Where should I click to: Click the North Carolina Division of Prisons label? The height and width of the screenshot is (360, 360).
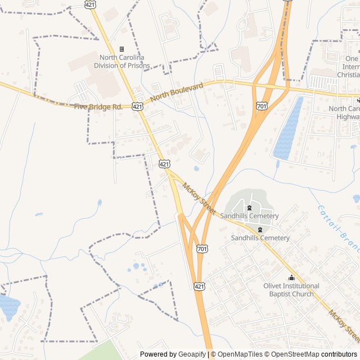[122, 61]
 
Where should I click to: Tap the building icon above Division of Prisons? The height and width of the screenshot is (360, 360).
[122, 49]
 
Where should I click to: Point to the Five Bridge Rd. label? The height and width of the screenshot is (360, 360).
[97, 106]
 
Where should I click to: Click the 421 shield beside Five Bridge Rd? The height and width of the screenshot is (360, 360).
[138, 106]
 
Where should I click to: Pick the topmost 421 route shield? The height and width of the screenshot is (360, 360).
[90, 4]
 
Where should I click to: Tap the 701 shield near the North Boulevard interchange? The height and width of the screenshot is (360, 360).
[261, 105]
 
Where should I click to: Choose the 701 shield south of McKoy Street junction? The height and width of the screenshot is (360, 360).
[201, 248]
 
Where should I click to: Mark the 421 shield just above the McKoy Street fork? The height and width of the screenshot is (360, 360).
[164, 164]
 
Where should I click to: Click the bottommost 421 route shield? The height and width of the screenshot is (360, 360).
[199, 286]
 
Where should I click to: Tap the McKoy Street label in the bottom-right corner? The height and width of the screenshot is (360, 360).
[344, 326]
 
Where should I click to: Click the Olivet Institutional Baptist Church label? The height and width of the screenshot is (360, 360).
[291, 290]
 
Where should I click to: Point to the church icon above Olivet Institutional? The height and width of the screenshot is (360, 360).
[291, 278]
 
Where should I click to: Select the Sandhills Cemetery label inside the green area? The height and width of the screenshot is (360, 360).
[250, 216]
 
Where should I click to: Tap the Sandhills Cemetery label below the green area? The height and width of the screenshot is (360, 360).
[260, 238]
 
